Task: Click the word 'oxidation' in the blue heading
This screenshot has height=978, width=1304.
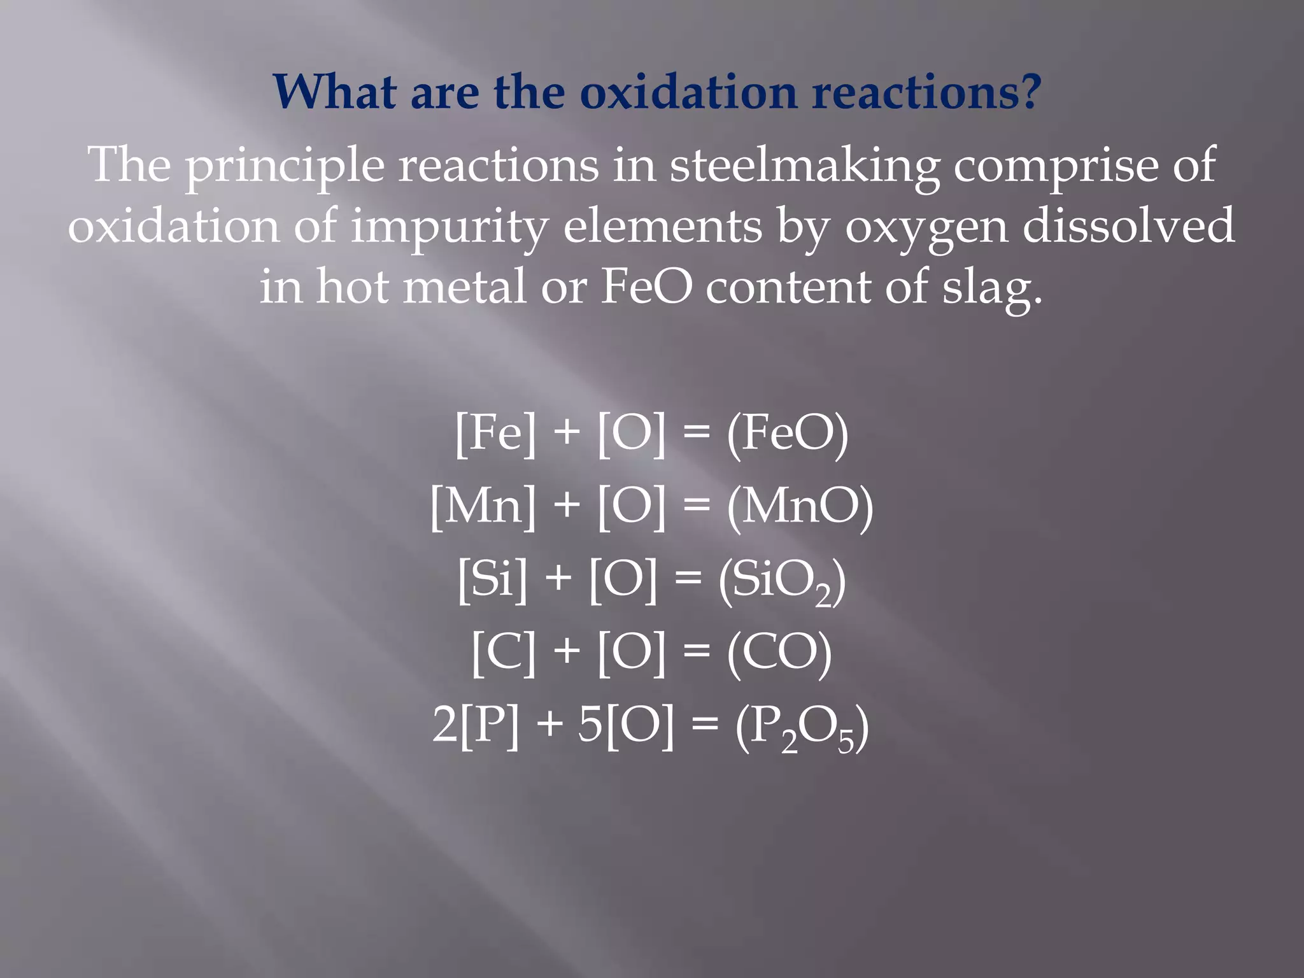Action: pyautogui.click(x=688, y=92)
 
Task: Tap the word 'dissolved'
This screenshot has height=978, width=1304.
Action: pyautogui.click(x=1128, y=226)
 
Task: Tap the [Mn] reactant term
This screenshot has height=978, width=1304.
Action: pyautogui.click(x=483, y=507)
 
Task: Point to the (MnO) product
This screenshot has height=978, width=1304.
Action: pyautogui.click(x=800, y=507)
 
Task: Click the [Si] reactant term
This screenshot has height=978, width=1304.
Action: pyautogui.click(x=492, y=579)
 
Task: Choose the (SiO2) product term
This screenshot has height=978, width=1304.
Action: pyautogui.click(x=783, y=581)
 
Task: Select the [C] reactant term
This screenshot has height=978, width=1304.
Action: pyautogui.click(x=504, y=653)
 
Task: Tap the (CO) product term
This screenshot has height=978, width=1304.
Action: pyautogui.click(x=779, y=653)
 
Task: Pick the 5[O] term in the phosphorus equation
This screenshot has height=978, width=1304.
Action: pyautogui.click(x=625, y=725)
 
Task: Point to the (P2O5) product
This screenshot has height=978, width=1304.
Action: pyautogui.click(x=802, y=727)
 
